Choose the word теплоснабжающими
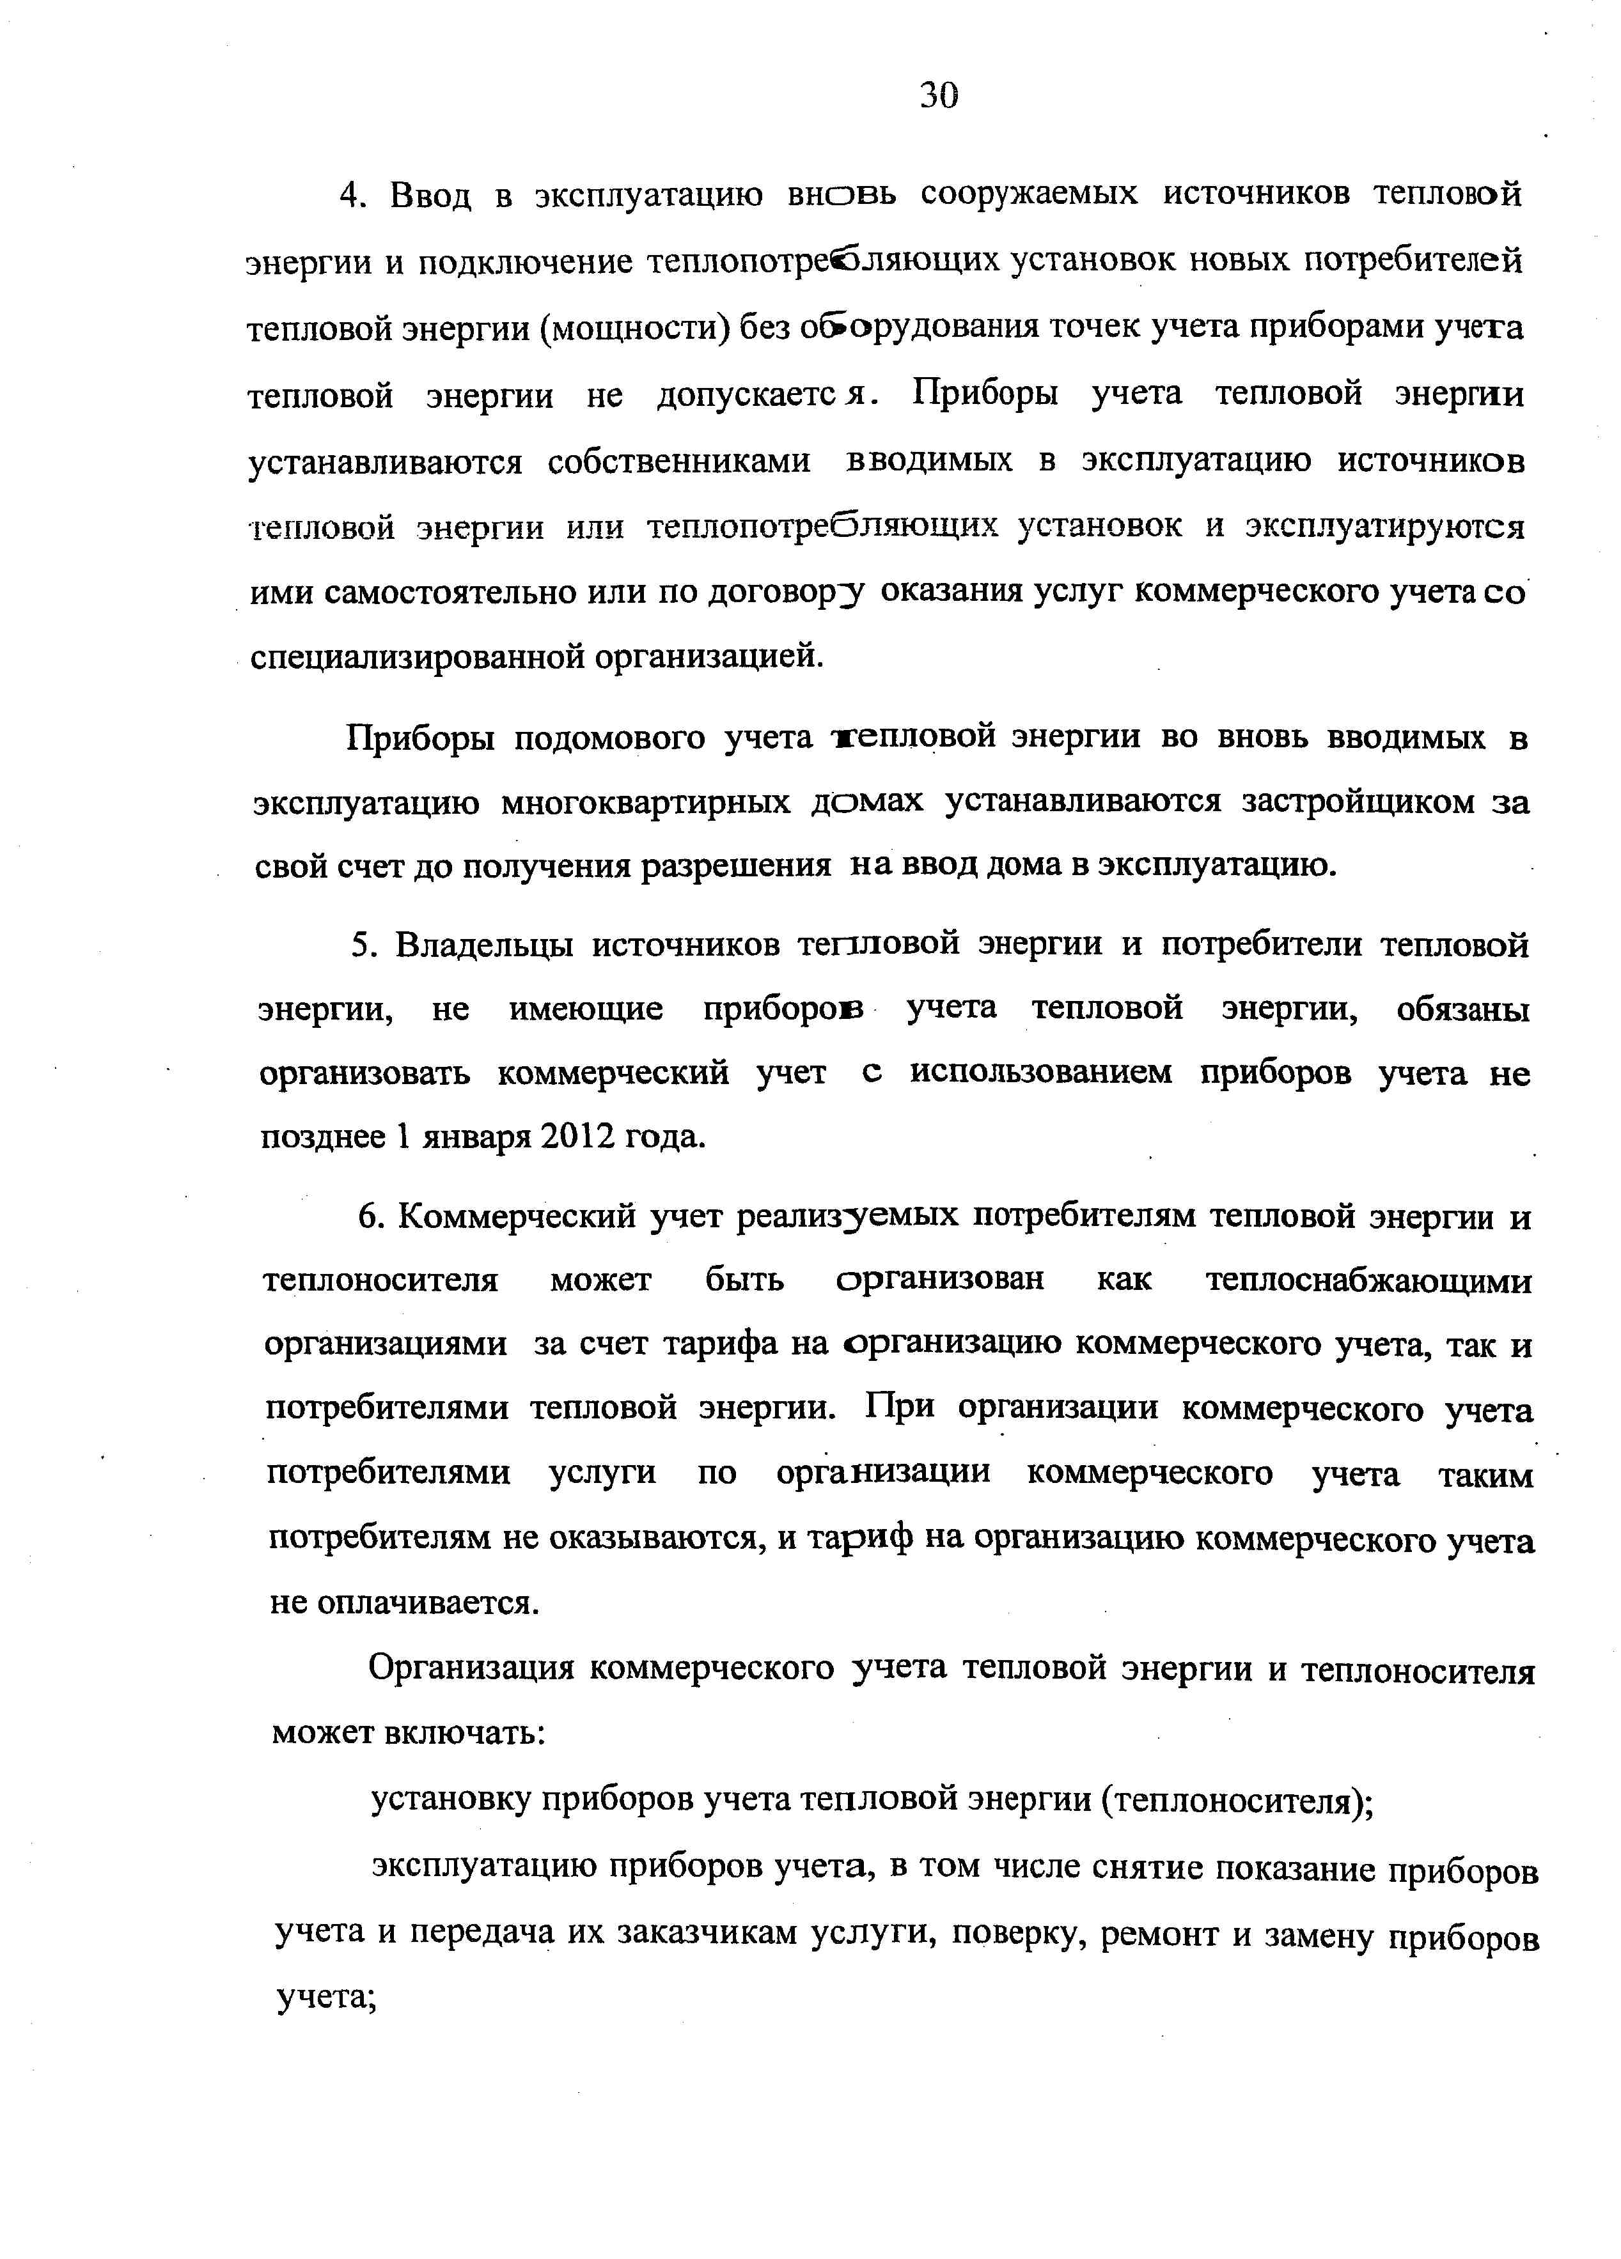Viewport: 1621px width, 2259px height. click(1368, 1281)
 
